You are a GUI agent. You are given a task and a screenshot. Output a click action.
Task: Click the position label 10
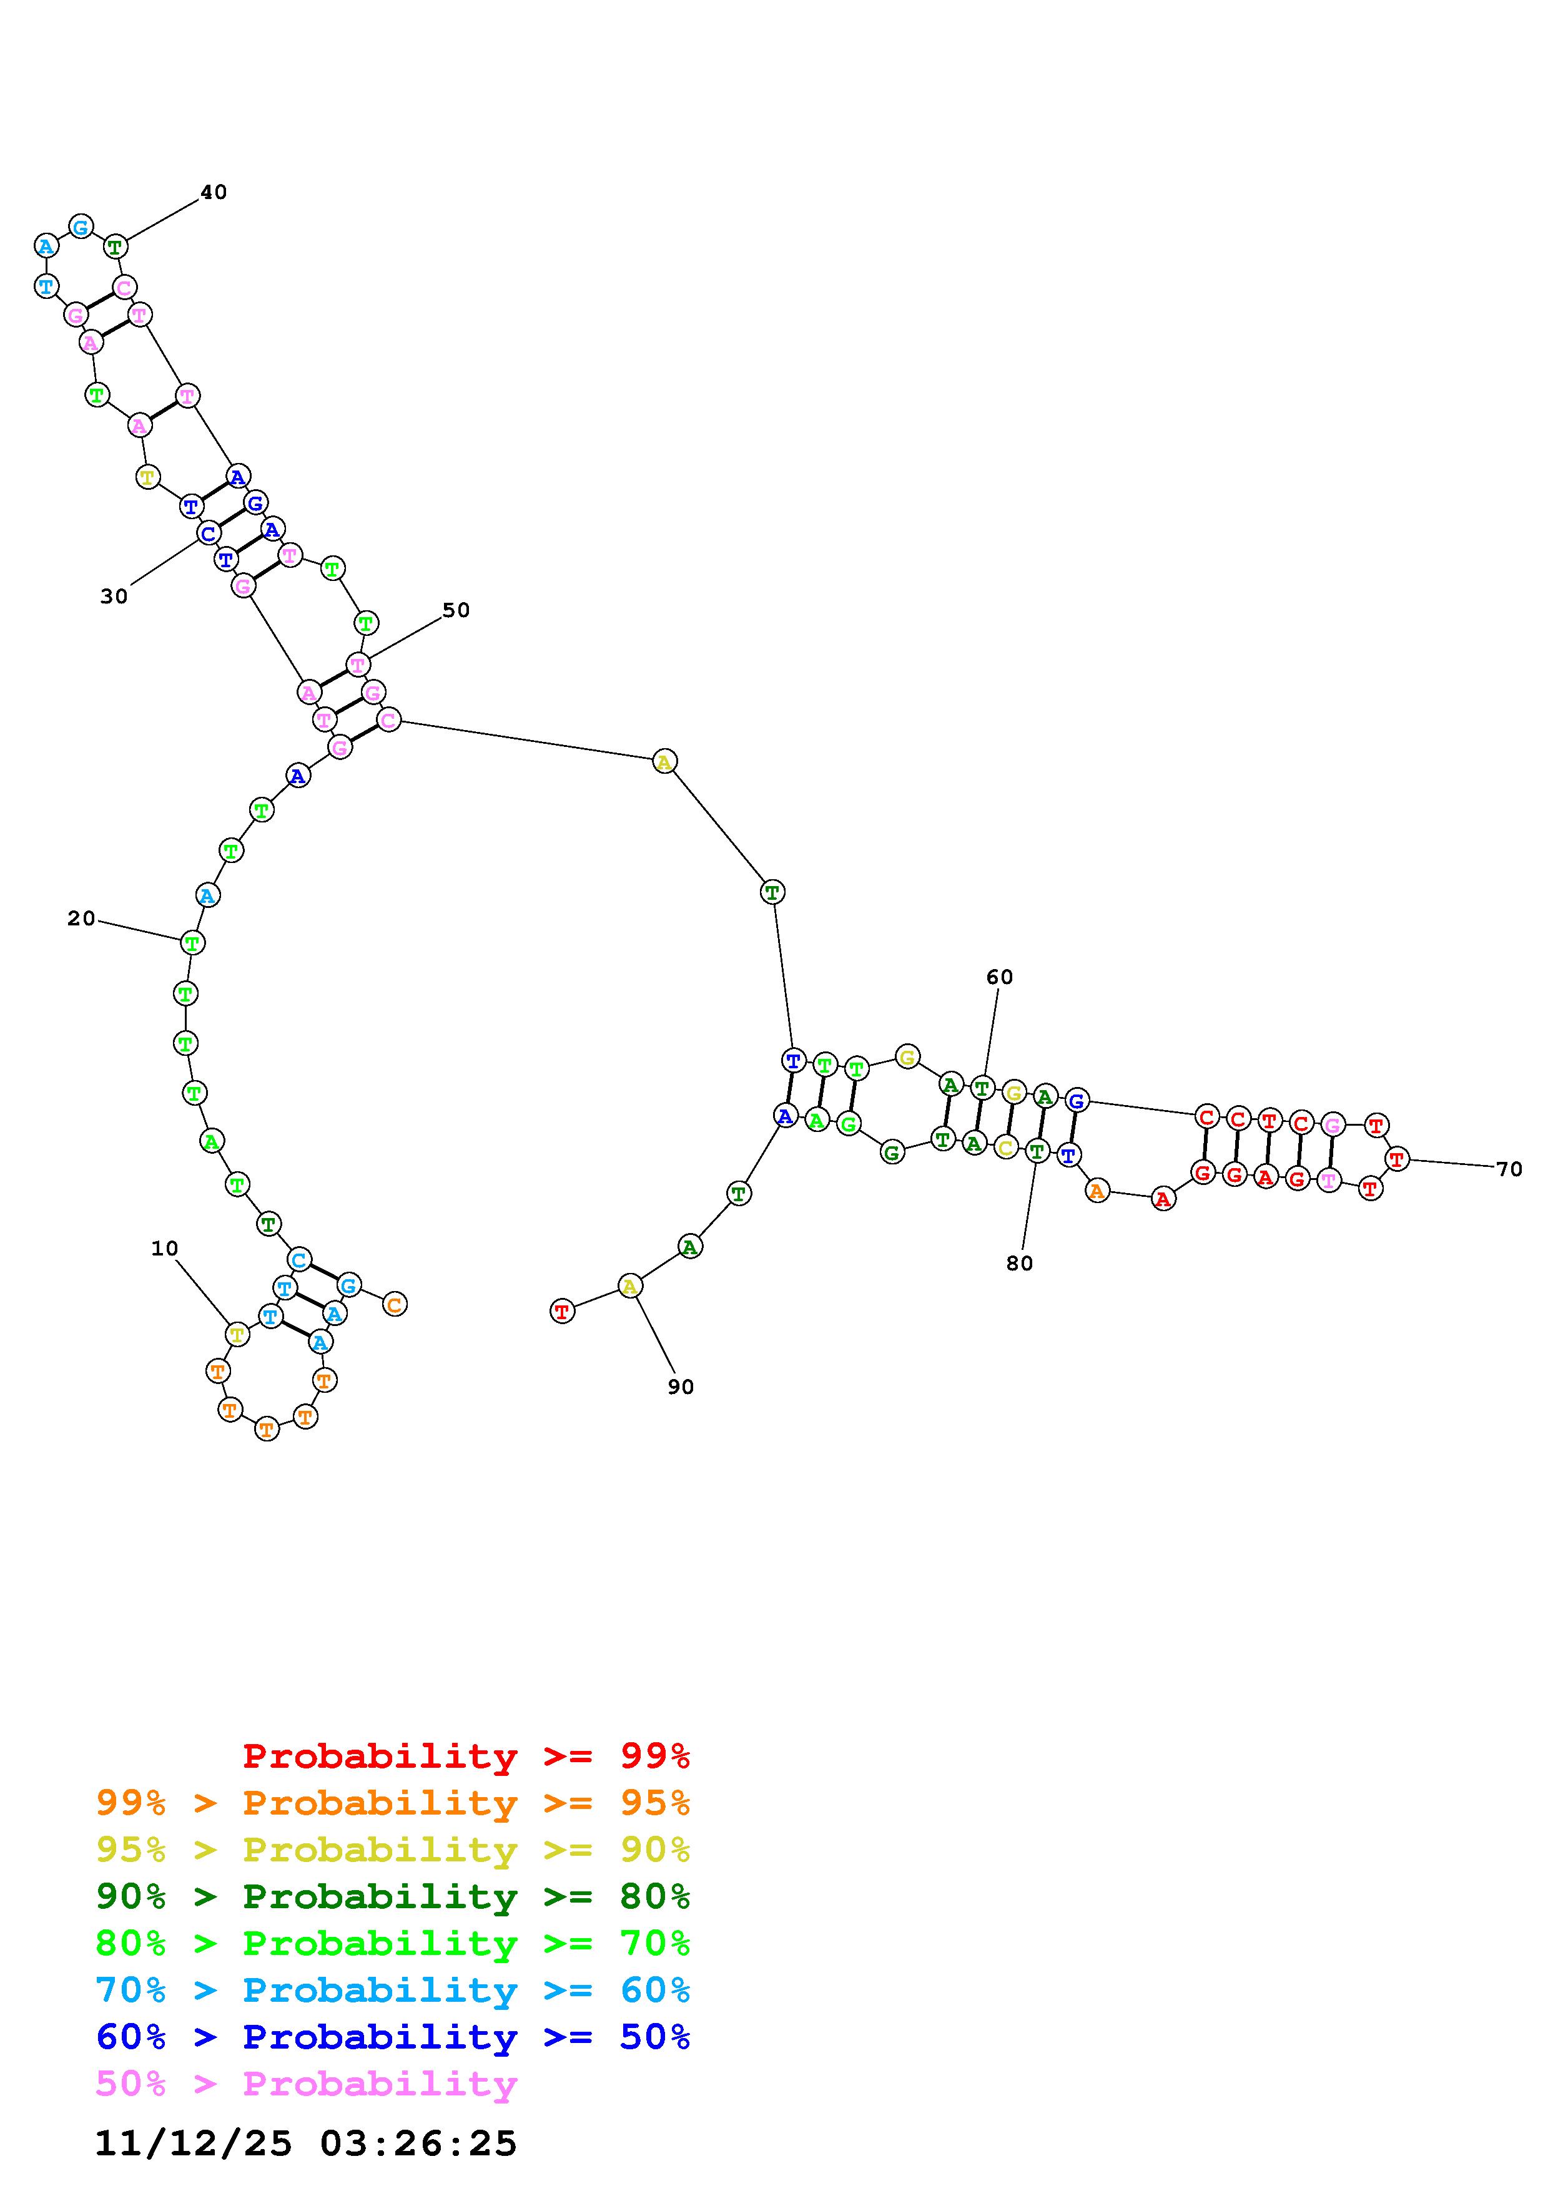(x=165, y=1249)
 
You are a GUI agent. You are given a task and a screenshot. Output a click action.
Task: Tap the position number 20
(x=81, y=919)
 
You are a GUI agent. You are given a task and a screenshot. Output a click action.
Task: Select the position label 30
(x=114, y=597)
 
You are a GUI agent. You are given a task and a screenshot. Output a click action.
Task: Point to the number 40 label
(x=214, y=193)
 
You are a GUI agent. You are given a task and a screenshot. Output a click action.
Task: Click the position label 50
(x=456, y=610)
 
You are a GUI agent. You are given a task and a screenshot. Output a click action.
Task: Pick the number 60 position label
(x=1000, y=977)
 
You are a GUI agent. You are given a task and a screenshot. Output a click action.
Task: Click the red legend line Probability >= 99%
(x=466, y=1756)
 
